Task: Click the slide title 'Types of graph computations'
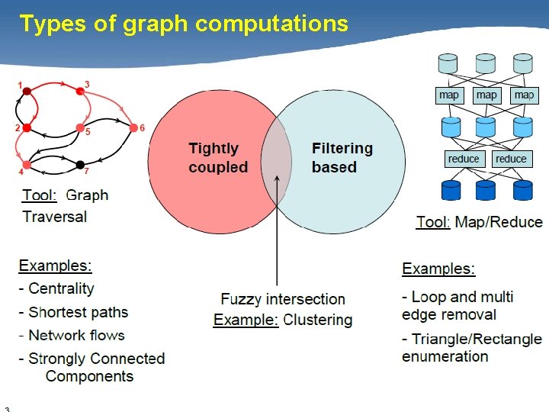click(x=184, y=24)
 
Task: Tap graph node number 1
click(x=27, y=92)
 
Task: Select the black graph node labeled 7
click(x=80, y=164)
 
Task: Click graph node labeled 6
click(x=133, y=127)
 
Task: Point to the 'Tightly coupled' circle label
click(x=218, y=158)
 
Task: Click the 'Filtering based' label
click(x=342, y=158)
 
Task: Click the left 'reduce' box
click(x=464, y=159)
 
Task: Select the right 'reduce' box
click(x=510, y=159)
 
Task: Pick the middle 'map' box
click(x=486, y=95)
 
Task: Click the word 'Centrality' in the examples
click(x=61, y=289)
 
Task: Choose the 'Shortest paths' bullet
click(x=78, y=312)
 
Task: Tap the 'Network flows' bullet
click(x=76, y=335)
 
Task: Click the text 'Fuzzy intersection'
click(x=283, y=299)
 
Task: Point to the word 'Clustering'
click(x=318, y=320)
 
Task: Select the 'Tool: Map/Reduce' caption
click(x=480, y=222)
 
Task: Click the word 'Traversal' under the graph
click(x=55, y=217)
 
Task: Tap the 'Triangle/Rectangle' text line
click(x=477, y=339)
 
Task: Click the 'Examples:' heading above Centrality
click(x=56, y=266)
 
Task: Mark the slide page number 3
click(x=6, y=407)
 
